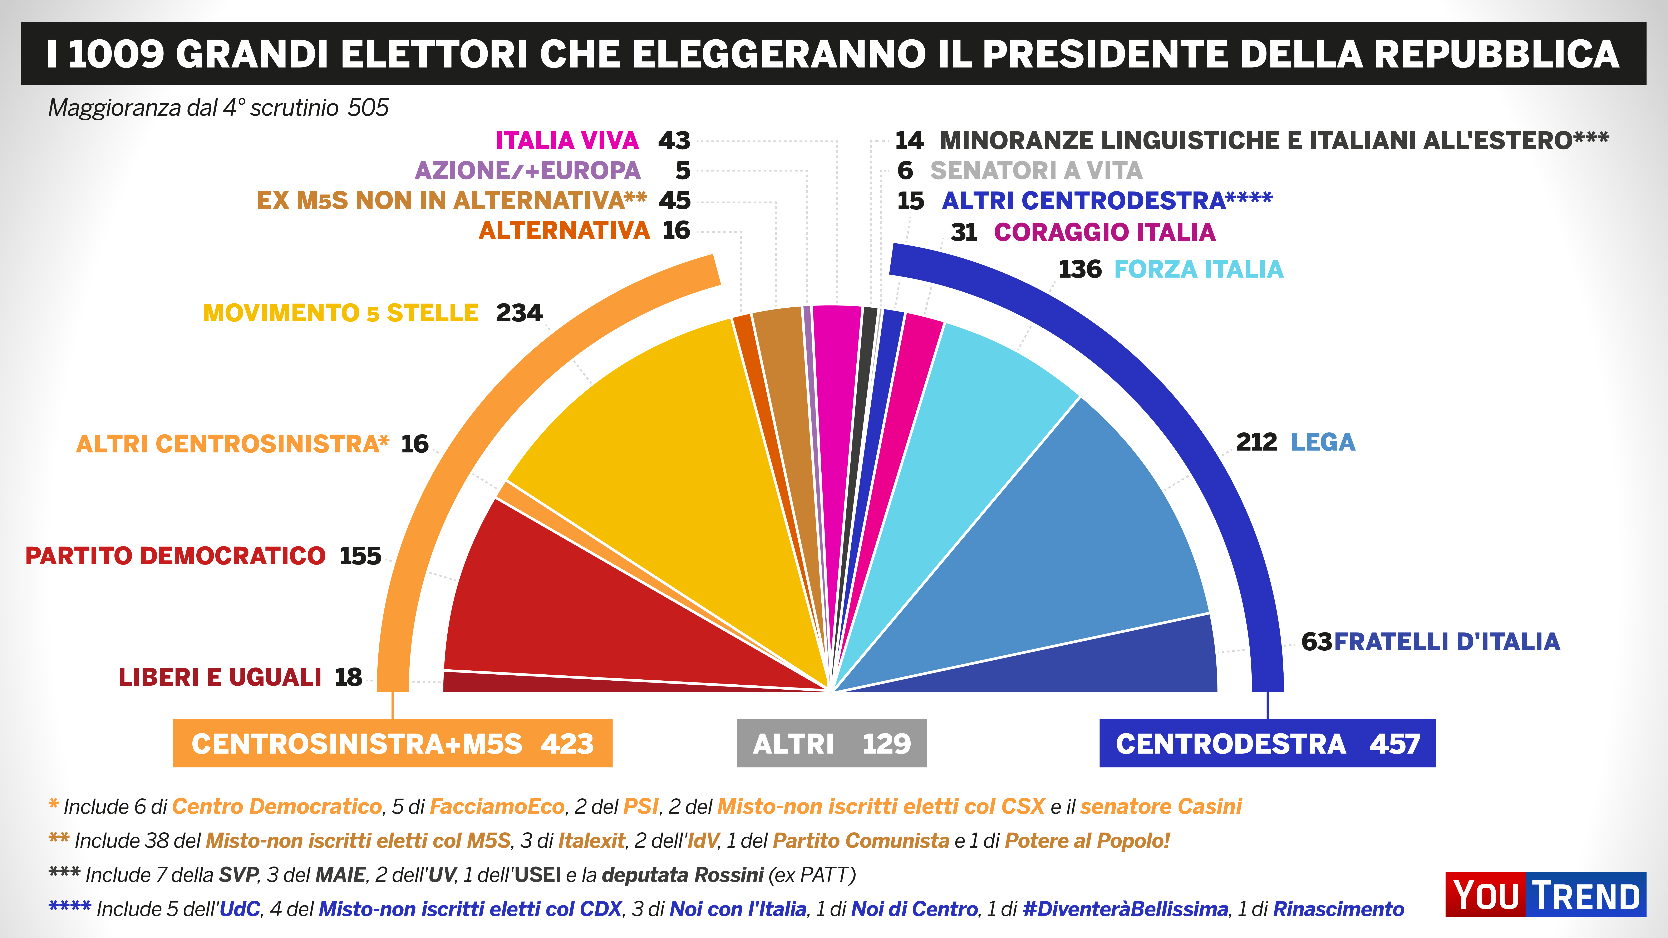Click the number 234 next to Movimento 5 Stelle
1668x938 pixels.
519,313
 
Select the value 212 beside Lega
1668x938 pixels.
1256,442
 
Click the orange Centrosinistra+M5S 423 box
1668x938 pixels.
392,743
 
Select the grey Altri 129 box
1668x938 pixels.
831,743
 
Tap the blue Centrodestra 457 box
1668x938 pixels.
1267,743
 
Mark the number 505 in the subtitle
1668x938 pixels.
368,108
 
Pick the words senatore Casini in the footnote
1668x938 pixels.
1160,807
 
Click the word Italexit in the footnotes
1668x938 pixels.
591,841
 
